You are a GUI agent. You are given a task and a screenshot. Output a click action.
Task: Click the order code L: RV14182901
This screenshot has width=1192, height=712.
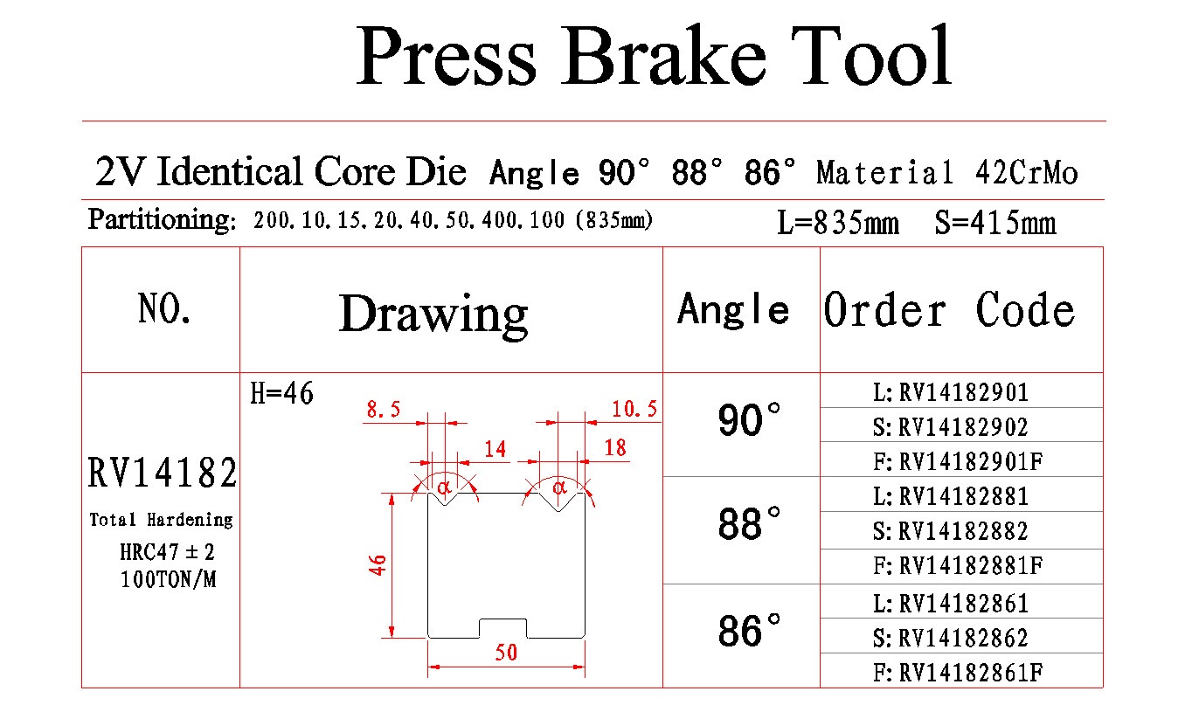tap(951, 393)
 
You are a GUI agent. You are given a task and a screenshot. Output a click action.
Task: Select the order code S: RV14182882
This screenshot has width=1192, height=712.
tap(951, 531)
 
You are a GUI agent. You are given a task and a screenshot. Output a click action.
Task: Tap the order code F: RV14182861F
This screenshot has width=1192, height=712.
tap(958, 673)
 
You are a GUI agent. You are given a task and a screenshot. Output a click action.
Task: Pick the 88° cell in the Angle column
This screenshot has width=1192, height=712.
tap(749, 523)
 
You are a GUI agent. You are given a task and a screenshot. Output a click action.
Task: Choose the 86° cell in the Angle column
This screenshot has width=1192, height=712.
tap(749, 631)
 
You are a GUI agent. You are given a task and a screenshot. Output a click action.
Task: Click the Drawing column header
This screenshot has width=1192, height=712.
tap(433, 315)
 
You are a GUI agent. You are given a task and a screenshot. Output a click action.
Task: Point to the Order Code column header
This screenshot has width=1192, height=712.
tap(949, 310)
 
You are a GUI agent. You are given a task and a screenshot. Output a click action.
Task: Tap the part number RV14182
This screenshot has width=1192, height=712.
tap(163, 473)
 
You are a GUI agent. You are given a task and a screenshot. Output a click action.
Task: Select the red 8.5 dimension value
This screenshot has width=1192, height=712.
tap(383, 409)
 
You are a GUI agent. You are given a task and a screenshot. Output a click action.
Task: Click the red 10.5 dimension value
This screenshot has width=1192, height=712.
tap(634, 409)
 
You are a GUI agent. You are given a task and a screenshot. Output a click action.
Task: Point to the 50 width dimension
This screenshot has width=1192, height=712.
tap(505, 653)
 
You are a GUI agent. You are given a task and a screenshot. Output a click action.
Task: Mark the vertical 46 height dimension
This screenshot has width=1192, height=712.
tap(378, 564)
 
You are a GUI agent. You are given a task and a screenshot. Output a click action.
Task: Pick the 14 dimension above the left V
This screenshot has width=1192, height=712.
tap(495, 450)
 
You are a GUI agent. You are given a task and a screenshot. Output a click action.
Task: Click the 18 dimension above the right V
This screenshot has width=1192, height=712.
tap(615, 448)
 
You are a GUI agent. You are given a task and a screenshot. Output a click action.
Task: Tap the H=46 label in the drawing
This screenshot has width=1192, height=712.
tap(282, 394)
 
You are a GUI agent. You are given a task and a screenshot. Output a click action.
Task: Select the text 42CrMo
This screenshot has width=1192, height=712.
tap(1027, 173)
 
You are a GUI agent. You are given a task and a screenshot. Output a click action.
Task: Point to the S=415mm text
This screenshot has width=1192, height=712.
tap(995, 223)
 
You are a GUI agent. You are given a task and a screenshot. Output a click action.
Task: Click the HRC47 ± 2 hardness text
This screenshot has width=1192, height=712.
tap(167, 552)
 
